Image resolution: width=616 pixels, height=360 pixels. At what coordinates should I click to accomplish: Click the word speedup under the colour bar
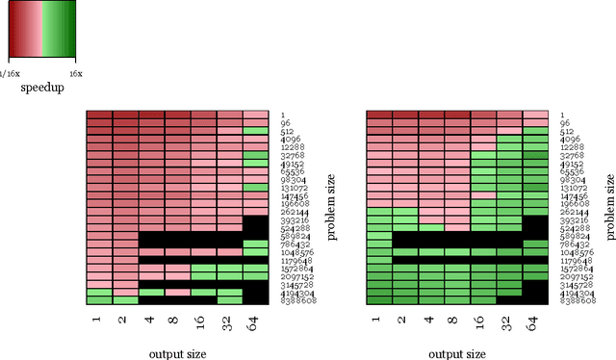click(x=40, y=88)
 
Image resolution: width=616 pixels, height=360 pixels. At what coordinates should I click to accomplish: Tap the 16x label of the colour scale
click(x=76, y=72)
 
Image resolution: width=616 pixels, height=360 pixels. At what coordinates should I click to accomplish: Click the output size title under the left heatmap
click(x=177, y=353)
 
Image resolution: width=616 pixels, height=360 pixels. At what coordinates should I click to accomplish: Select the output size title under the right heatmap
click(x=457, y=353)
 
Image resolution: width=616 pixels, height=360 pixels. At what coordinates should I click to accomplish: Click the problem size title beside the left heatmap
click(x=330, y=207)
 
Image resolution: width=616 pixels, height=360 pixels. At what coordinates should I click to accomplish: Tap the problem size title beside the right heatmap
click(x=609, y=207)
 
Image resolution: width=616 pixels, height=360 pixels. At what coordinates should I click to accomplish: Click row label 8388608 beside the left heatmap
click(x=297, y=300)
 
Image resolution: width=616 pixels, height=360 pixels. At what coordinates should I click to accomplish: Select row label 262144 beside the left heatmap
click(x=294, y=212)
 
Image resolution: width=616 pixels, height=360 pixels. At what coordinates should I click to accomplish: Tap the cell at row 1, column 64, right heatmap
click(x=535, y=116)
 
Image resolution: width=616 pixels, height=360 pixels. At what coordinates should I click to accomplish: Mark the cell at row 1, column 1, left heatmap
click(x=99, y=116)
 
